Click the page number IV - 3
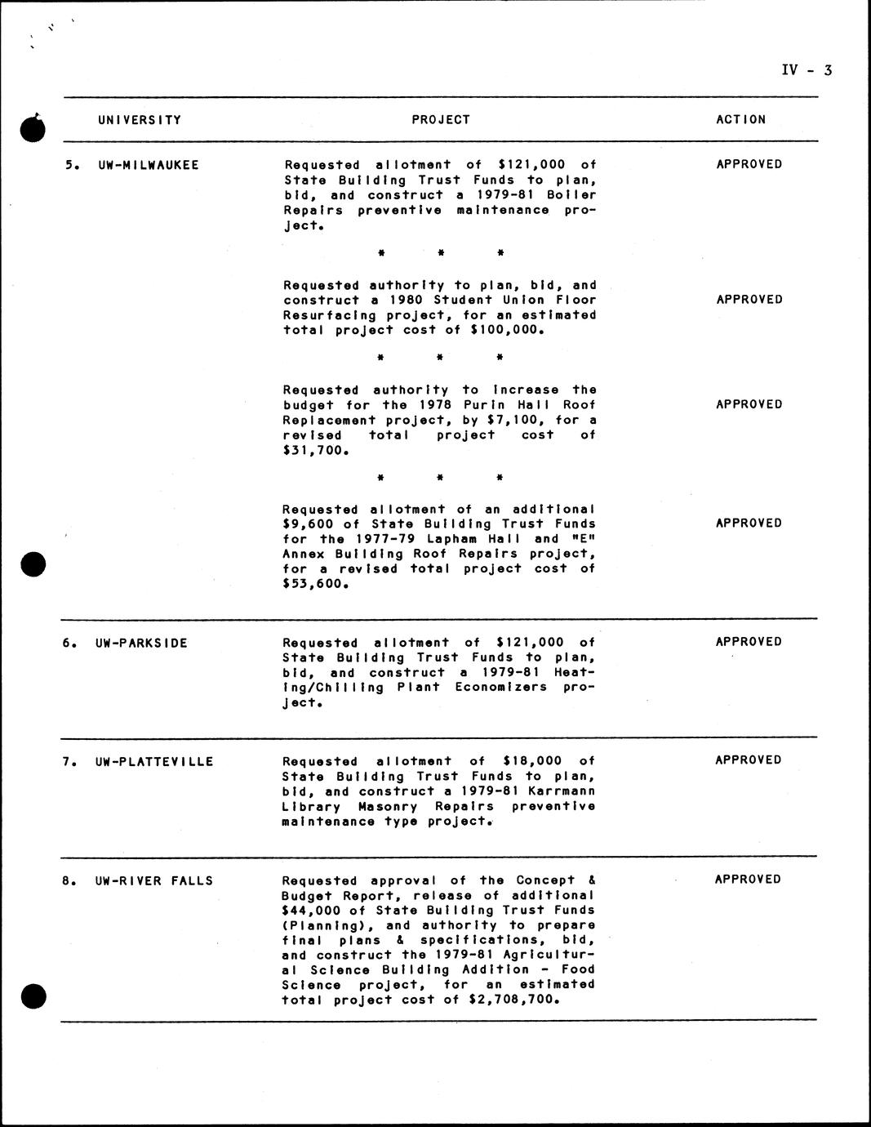coord(806,70)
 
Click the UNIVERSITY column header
coord(140,120)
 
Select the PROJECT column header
coord(441,120)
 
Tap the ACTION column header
coord(741,120)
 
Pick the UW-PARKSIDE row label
coord(141,644)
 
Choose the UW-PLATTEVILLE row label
coord(154,762)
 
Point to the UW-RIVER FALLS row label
coord(154,881)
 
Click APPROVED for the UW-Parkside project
coord(749,642)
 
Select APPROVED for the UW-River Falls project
coord(748,880)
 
